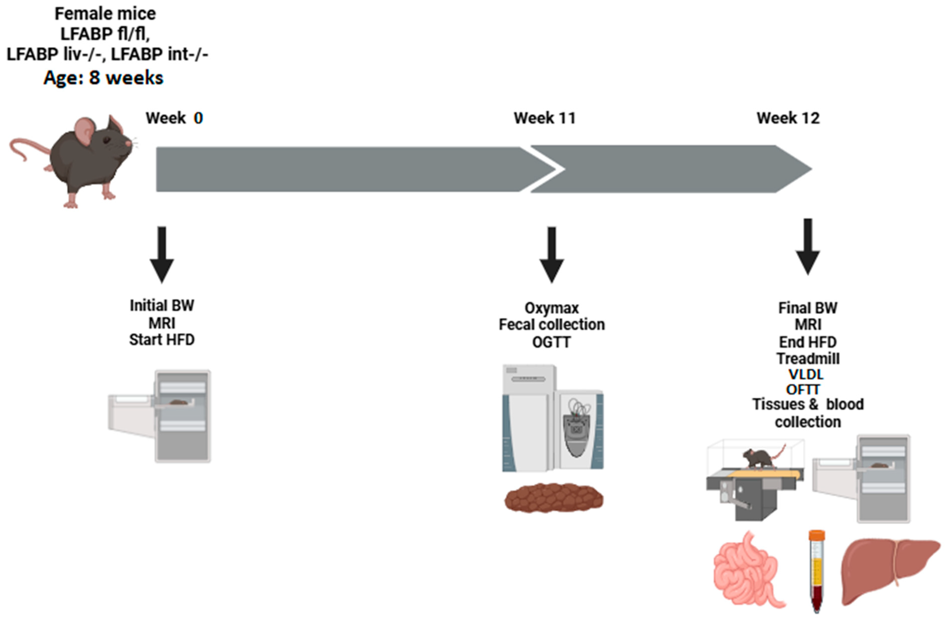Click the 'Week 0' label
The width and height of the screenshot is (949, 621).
[174, 118]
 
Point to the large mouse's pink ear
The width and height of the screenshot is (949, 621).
[85, 131]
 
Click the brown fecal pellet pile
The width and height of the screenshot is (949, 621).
[553, 498]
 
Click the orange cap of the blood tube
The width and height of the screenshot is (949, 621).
[817, 535]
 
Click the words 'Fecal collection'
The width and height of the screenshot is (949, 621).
[551, 325]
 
